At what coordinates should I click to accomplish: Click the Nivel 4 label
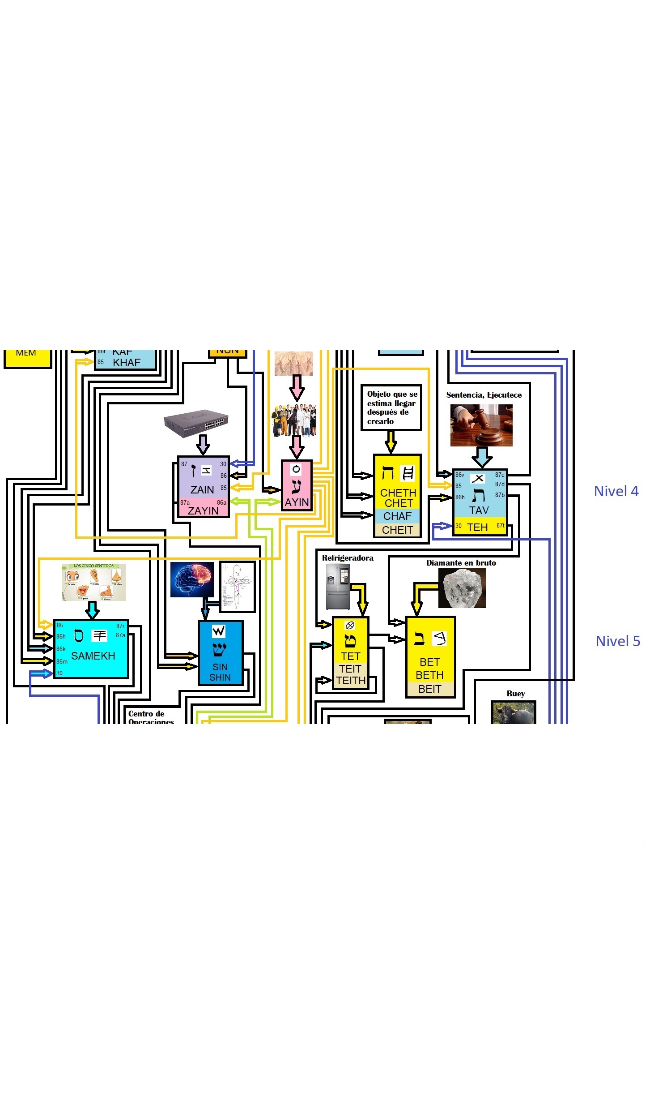coord(616,491)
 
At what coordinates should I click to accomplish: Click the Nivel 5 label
coord(617,641)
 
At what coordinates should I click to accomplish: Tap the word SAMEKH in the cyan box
coord(93,656)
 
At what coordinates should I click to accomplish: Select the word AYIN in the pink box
coord(297,502)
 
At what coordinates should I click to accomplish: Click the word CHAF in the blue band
coord(397,516)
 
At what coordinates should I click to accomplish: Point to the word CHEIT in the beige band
coord(397,530)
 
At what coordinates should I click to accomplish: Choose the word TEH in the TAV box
coord(477,527)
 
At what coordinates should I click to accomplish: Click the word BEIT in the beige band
coord(429,689)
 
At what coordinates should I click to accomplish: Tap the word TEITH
coord(351,681)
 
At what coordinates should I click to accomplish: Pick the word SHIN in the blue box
coord(220,677)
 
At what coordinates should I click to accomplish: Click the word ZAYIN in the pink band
coord(203,511)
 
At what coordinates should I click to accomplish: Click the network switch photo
coord(196,422)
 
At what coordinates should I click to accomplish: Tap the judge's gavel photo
coord(481,425)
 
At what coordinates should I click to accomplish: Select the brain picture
coord(192,579)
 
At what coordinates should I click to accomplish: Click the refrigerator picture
coord(337,587)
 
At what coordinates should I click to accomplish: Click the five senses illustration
coord(93,582)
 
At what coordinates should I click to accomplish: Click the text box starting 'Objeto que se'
coord(391,407)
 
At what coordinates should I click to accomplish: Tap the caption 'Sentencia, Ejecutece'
coord(484,395)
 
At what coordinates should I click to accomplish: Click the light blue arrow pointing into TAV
coord(482,457)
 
